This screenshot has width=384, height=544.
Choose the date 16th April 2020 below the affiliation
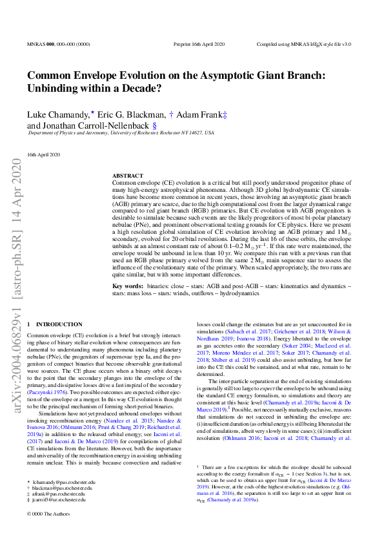(x=43, y=154)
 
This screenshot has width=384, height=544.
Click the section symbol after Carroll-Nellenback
(x=154, y=125)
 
